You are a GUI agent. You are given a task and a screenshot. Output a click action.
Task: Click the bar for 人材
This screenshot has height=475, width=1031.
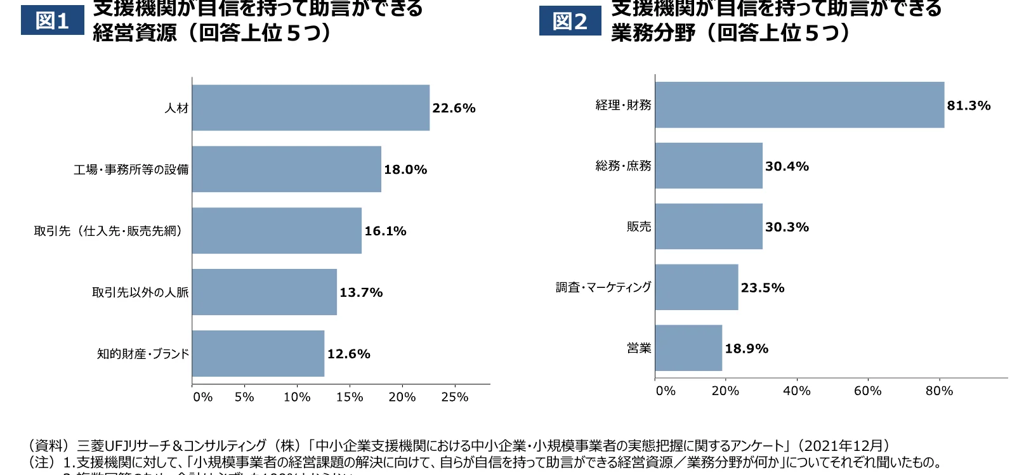pyautogui.click(x=310, y=108)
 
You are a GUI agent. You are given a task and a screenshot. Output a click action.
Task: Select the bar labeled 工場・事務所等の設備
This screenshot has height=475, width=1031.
pyautogui.click(x=286, y=169)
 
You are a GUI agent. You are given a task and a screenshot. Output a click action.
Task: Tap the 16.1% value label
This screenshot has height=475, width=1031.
pyautogui.click(x=385, y=231)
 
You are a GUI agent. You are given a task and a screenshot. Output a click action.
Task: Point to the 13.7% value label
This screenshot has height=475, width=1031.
pyautogui.click(x=361, y=293)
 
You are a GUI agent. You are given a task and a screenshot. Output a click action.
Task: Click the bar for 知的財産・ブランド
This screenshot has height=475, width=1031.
pyautogui.click(x=258, y=354)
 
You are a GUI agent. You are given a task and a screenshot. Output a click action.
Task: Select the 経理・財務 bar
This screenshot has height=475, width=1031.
pyautogui.click(x=799, y=105)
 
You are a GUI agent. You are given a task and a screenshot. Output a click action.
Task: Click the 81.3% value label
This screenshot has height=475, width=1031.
pyautogui.click(x=968, y=106)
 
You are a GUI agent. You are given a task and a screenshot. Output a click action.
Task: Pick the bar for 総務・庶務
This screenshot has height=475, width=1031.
pyautogui.click(x=709, y=166)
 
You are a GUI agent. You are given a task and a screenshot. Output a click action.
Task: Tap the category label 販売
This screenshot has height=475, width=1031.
pyautogui.click(x=638, y=227)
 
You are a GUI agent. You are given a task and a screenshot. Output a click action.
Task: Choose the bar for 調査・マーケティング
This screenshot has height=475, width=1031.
pyautogui.click(x=697, y=287)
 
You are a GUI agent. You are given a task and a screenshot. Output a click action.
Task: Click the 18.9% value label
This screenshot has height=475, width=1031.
pyautogui.click(x=746, y=349)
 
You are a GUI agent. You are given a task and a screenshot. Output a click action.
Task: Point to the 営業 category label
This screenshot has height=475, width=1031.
pyautogui.click(x=638, y=348)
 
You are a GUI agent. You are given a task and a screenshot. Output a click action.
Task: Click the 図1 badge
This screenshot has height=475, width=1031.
pyautogui.click(x=52, y=20)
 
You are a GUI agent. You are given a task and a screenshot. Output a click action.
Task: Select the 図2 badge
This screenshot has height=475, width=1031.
pyautogui.click(x=570, y=21)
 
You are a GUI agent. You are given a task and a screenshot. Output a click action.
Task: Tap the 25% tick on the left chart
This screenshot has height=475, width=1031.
pyautogui.click(x=454, y=398)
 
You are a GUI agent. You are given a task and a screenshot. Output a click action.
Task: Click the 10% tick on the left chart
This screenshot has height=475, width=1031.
pyautogui.click(x=297, y=398)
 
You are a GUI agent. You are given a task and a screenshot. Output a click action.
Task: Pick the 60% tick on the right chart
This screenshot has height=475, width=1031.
pyautogui.click(x=867, y=391)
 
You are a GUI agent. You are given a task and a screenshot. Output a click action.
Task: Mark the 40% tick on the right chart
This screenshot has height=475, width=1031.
pyautogui.click(x=796, y=391)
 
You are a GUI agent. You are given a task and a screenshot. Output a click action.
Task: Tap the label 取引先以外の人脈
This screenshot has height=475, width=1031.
pyautogui.click(x=140, y=293)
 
